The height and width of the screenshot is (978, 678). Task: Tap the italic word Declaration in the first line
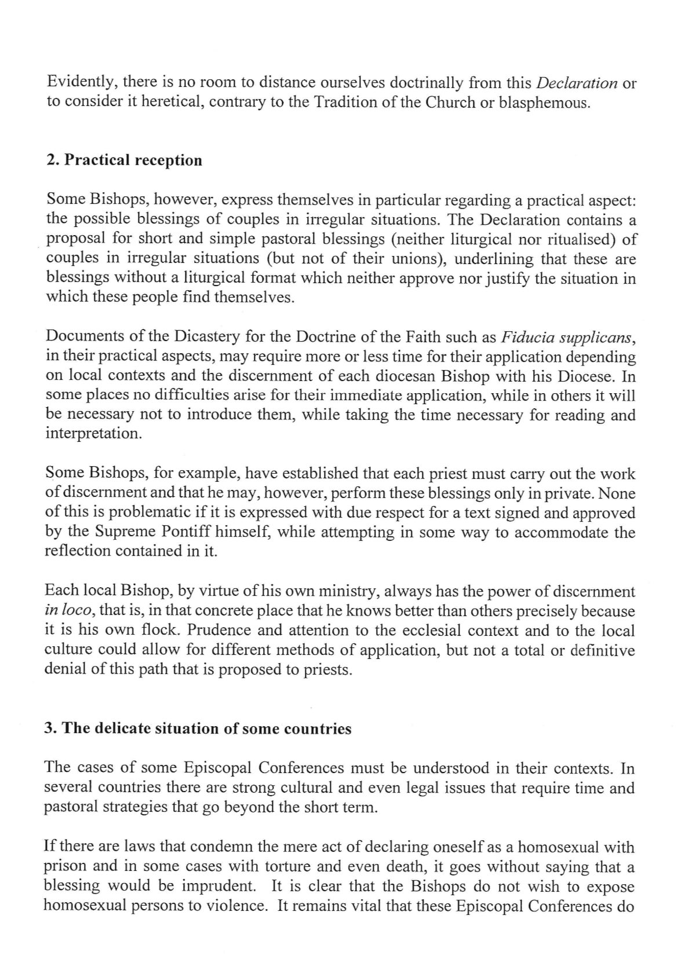tap(577, 83)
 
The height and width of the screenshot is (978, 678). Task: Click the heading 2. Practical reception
tap(123, 160)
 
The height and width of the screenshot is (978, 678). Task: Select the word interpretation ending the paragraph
tap(93, 434)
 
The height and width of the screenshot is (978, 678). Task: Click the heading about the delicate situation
tap(198, 728)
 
